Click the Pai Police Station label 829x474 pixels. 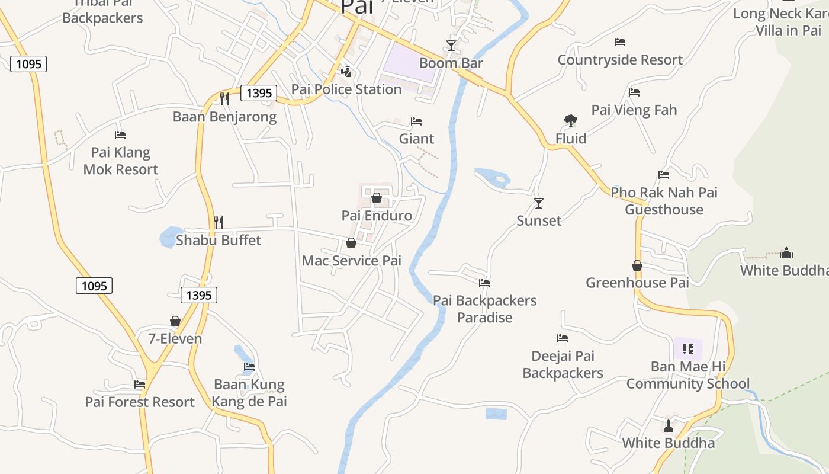pyautogui.click(x=346, y=89)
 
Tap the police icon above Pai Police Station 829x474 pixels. pyautogui.click(x=346, y=72)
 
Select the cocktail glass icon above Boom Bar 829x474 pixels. pyautogui.click(x=451, y=46)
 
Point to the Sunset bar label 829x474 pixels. pyautogui.click(x=539, y=220)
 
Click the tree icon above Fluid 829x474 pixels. pyautogui.click(x=570, y=121)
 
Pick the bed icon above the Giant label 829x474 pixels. pyautogui.click(x=416, y=121)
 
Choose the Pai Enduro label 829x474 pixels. pyautogui.click(x=377, y=215)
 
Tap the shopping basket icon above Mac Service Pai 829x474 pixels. pyautogui.click(x=351, y=243)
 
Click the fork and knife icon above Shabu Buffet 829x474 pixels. pyautogui.click(x=219, y=223)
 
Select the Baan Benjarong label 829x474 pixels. pyautogui.click(x=224, y=117)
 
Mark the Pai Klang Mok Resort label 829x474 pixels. pyautogui.click(x=121, y=161)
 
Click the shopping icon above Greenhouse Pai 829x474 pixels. pyautogui.click(x=637, y=265)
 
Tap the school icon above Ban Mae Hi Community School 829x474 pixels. pyautogui.click(x=687, y=348)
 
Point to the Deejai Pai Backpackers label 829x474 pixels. pyautogui.click(x=563, y=364)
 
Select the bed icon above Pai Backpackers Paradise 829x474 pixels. pyautogui.click(x=484, y=283)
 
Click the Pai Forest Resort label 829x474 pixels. pyautogui.click(x=140, y=402)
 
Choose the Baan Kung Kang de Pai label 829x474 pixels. pyautogui.click(x=249, y=393)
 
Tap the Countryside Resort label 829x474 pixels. pyautogui.click(x=620, y=60)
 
